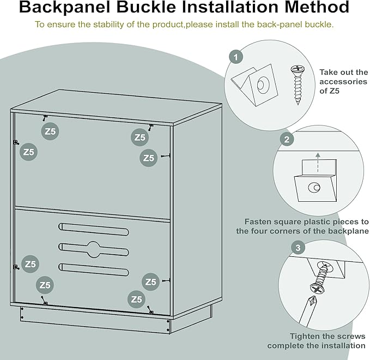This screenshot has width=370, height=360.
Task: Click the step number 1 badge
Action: (x=236, y=57)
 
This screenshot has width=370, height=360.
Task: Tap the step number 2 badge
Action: (x=287, y=140)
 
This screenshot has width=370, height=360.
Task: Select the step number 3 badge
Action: (x=298, y=248)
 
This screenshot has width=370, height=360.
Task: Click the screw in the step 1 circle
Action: (x=298, y=85)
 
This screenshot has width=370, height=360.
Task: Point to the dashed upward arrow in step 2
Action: (x=318, y=163)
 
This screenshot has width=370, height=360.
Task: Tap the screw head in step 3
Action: (x=317, y=289)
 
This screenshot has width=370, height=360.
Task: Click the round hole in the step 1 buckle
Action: (x=263, y=85)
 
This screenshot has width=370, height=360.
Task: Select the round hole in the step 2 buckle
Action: (x=314, y=188)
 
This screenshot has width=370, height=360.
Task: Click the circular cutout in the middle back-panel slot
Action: (x=94, y=249)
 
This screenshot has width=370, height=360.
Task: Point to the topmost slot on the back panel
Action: (x=94, y=229)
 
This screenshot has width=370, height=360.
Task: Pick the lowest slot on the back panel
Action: (x=94, y=269)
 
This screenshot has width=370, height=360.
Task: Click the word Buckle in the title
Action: (x=146, y=7)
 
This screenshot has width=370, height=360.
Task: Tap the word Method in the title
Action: (x=317, y=7)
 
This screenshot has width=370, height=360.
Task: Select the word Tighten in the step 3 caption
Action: (x=303, y=336)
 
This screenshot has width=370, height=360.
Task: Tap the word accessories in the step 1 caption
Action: (x=343, y=81)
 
